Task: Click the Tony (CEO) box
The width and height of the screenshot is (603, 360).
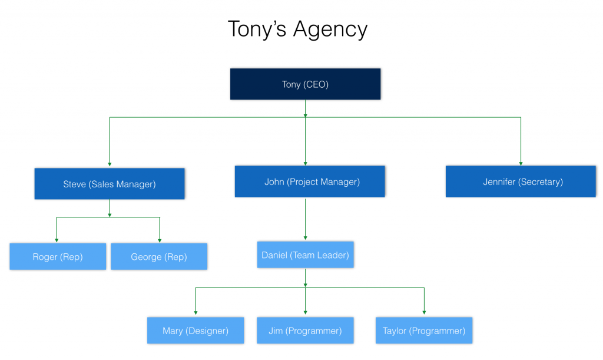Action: [305, 84]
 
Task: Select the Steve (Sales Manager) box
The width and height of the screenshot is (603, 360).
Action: [110, 184]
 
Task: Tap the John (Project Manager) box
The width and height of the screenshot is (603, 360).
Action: [310, 181]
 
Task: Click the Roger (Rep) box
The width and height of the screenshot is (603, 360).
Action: [58, 257]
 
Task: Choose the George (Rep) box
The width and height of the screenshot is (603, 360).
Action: [159, 257]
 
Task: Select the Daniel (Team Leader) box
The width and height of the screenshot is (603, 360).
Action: [305, 255]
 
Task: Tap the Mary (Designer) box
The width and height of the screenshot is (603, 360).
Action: [196, 331]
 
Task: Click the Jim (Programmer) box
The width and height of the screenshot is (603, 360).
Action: [305, 331]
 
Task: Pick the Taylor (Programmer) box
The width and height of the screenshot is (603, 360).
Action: [424, 331]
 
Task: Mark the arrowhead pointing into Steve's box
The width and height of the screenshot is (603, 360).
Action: [110, 166]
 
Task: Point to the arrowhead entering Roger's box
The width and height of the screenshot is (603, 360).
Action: [57, 240]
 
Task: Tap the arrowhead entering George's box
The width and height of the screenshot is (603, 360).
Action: [160, 240]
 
